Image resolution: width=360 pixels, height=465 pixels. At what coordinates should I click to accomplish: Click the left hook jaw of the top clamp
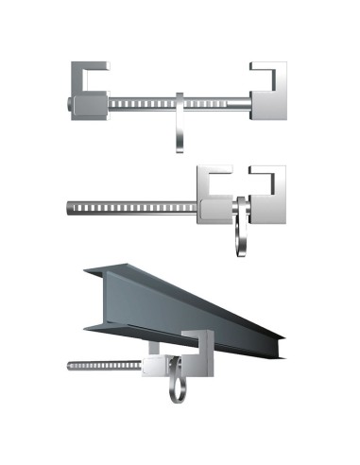(x=90, y=75)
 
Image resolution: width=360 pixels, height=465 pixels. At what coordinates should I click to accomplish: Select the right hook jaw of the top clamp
(x=269, y=75)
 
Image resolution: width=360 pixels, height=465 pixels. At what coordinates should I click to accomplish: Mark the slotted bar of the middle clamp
(x=132, y=205)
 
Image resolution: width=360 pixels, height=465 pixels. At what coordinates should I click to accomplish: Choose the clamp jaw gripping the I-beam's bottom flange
(x=200, y=344)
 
